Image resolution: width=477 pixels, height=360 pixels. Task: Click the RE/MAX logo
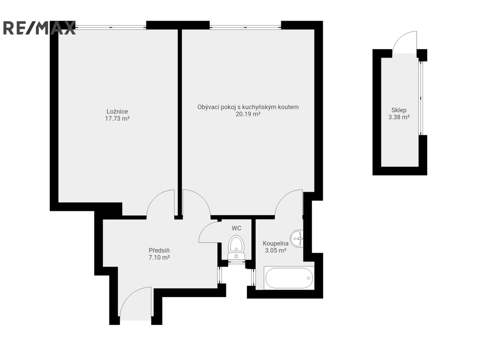pos(39,28)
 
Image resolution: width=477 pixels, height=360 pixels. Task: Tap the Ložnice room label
pos(117,111)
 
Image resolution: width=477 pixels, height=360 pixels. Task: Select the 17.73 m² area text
pos(117,119)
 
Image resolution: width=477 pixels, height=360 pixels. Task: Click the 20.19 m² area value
pos(248,114)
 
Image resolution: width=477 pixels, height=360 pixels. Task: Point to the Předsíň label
pos(159,250)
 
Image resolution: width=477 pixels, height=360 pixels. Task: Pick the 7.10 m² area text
pos(159,257)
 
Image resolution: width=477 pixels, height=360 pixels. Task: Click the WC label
pos(236,228)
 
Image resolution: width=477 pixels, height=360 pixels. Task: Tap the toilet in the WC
pos(236,248)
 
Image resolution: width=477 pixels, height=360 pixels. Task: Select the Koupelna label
pos(276,243)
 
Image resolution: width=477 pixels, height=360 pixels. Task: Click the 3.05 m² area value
pos(276,251)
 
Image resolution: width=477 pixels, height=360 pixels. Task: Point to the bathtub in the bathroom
pos(289,278)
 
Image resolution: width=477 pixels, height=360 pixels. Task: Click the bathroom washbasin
pos(297,239)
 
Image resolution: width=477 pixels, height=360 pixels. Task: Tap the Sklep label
pos(399,110)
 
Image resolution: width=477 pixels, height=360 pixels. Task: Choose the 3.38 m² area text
pos(399,117)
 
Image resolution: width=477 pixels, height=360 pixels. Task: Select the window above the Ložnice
pos(111,27)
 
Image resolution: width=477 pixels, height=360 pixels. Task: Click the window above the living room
pos(245,27)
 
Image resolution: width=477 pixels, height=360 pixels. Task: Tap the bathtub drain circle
pos(308,278)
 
